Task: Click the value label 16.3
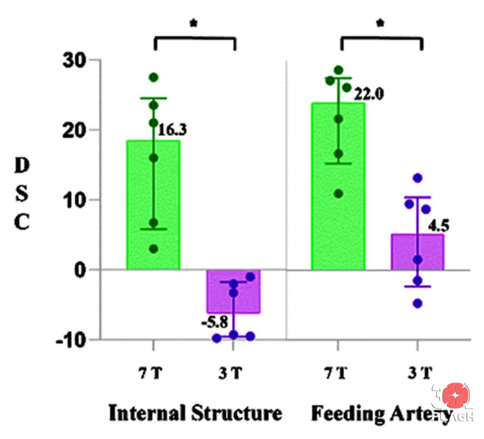coord(173,130)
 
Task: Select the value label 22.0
coord(369,95)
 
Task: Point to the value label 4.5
coord(439,224)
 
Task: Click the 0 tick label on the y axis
coord(81,270)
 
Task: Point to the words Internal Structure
coord(195,413)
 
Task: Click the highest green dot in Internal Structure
coord(154,77)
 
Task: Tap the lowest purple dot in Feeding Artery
coord(418,303)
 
